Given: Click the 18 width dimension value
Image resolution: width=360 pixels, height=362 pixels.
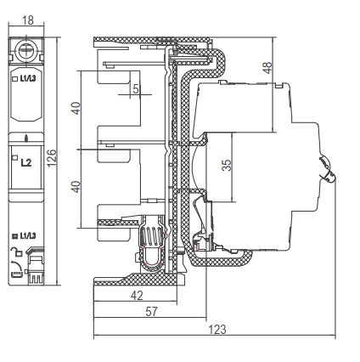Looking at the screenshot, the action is pos(28,20).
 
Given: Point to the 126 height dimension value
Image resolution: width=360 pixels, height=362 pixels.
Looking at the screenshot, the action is pos(52,158).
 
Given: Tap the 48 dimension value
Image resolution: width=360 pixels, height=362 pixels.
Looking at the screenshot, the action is pos(267,68).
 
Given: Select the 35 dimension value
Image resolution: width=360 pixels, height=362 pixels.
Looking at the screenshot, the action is pos(227,166).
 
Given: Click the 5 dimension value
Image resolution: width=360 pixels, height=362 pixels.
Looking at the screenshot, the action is pos(136,89).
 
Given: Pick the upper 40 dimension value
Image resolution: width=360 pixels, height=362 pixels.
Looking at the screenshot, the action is pos(76,108).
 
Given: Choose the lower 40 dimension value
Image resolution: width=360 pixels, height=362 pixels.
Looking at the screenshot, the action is pos(76,187).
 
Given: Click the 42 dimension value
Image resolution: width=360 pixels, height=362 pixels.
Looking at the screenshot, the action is pos(137,296).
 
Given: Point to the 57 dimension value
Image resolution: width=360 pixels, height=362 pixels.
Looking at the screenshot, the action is pos(151,312).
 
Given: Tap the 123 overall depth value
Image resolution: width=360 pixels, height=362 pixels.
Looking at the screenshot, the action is pos(217,330).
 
